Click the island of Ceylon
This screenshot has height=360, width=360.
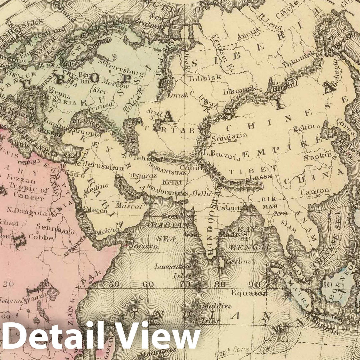point(222,262)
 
